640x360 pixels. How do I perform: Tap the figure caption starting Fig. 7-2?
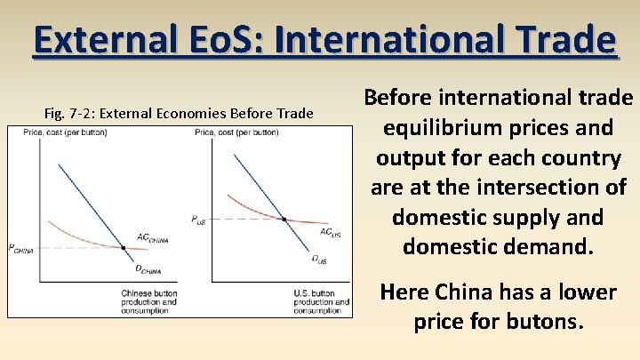pos(179,113)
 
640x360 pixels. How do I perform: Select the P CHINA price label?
pos(20,249)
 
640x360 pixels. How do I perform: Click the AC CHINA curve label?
pos(152,238)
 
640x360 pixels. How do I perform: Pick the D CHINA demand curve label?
pos(148,269)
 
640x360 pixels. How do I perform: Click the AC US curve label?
pos(330,232)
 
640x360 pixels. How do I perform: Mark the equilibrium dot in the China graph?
pos(123,247)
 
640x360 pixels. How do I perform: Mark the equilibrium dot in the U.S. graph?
pos(284,218)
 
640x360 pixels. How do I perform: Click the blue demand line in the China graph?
pos(89,204)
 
